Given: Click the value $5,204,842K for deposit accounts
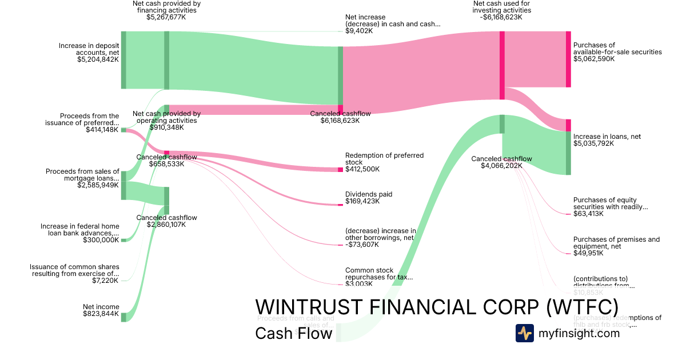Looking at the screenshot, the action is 98,59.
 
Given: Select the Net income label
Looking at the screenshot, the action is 101,307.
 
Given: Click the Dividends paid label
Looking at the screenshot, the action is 368,194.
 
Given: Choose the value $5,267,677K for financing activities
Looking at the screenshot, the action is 166,17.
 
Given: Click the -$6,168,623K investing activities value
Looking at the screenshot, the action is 501,17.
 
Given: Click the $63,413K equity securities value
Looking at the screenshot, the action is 588,214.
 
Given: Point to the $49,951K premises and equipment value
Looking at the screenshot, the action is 588,253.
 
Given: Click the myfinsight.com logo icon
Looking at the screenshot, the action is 524,333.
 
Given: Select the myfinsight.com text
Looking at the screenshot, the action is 579,333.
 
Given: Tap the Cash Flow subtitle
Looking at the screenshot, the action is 293,333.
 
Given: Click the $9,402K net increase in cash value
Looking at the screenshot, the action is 359,31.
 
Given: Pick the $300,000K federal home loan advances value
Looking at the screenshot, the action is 101,240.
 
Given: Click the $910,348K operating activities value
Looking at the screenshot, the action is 166,127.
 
